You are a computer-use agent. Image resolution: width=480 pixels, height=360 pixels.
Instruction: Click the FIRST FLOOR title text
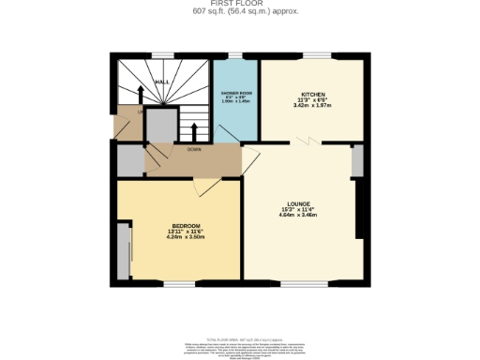point(240,4)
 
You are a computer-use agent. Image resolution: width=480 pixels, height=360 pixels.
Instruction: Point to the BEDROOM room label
point(184,226)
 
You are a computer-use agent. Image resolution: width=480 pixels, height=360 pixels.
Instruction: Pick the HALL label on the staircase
point(161,82)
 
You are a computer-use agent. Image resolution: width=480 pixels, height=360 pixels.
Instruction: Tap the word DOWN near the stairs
point(194,149)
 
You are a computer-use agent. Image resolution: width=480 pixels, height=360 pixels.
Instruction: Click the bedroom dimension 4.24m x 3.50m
point(184,237)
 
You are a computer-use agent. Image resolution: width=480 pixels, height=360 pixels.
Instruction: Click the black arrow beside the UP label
point(140,96)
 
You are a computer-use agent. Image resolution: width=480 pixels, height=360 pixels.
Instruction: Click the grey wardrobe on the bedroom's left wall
point(125,250)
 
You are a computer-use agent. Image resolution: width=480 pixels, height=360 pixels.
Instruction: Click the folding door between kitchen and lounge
point(307,140)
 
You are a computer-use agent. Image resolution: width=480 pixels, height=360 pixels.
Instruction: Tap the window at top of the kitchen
point(310,57)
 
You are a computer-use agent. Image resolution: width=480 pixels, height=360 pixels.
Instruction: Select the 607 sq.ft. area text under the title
point(240,11)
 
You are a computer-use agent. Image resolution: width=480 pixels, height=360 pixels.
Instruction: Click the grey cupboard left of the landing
point(129,161)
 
